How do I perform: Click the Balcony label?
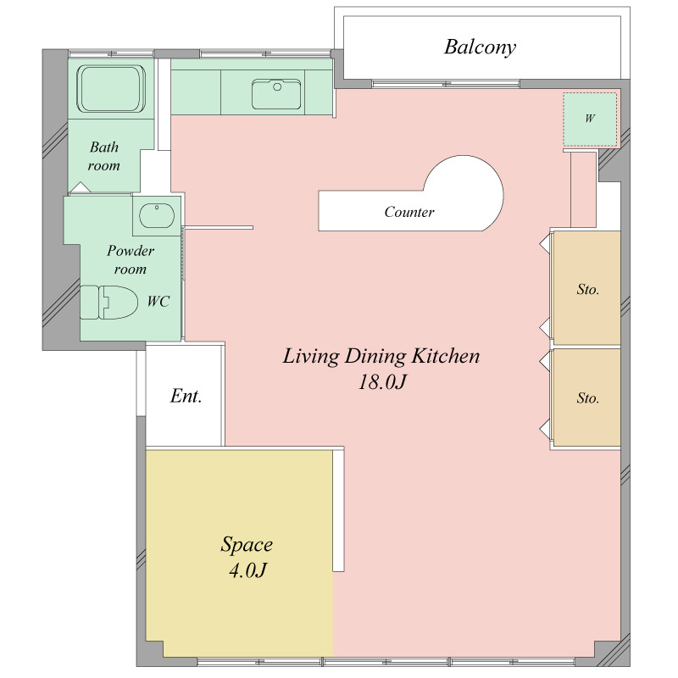pyautogui.click(x=480, y=47)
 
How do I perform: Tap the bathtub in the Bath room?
pyautogui.click(x=111, y=89)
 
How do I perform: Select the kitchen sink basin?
pyautogui.click(x=276, y=94)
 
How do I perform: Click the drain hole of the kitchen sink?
pyautogui.click(x=277, y=87)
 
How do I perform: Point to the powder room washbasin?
pyautogui.click(x=157, y=215)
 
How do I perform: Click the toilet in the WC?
pyautogui.click(x=109, y=302)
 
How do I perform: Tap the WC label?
pyautogui.click(x=158, y=301)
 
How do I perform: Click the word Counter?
pyautogui.click(x=409, y=212)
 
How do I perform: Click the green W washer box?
pyautogui.click(x=590, y=119)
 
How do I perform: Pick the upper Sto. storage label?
pyautogui.click(x=587, y=289)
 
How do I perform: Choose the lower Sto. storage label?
pyautogui.click(x=587, y=397)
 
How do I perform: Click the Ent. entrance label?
pyautogui.click(x=186, y=396)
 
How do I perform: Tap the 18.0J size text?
pyautogui.click(x=382, y=382)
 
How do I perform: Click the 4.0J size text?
pyautogui.click(x=247, y=570)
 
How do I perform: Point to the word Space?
pyautogui.click(x=247, y=545)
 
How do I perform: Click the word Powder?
pyautogui.click(x=131, y=251)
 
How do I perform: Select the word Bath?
pyautogui.click(x=104, y=147)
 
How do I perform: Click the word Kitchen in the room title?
pyautogui.click(x=446, y=356)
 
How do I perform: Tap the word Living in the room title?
pyautogui.click(x=310, y=357)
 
